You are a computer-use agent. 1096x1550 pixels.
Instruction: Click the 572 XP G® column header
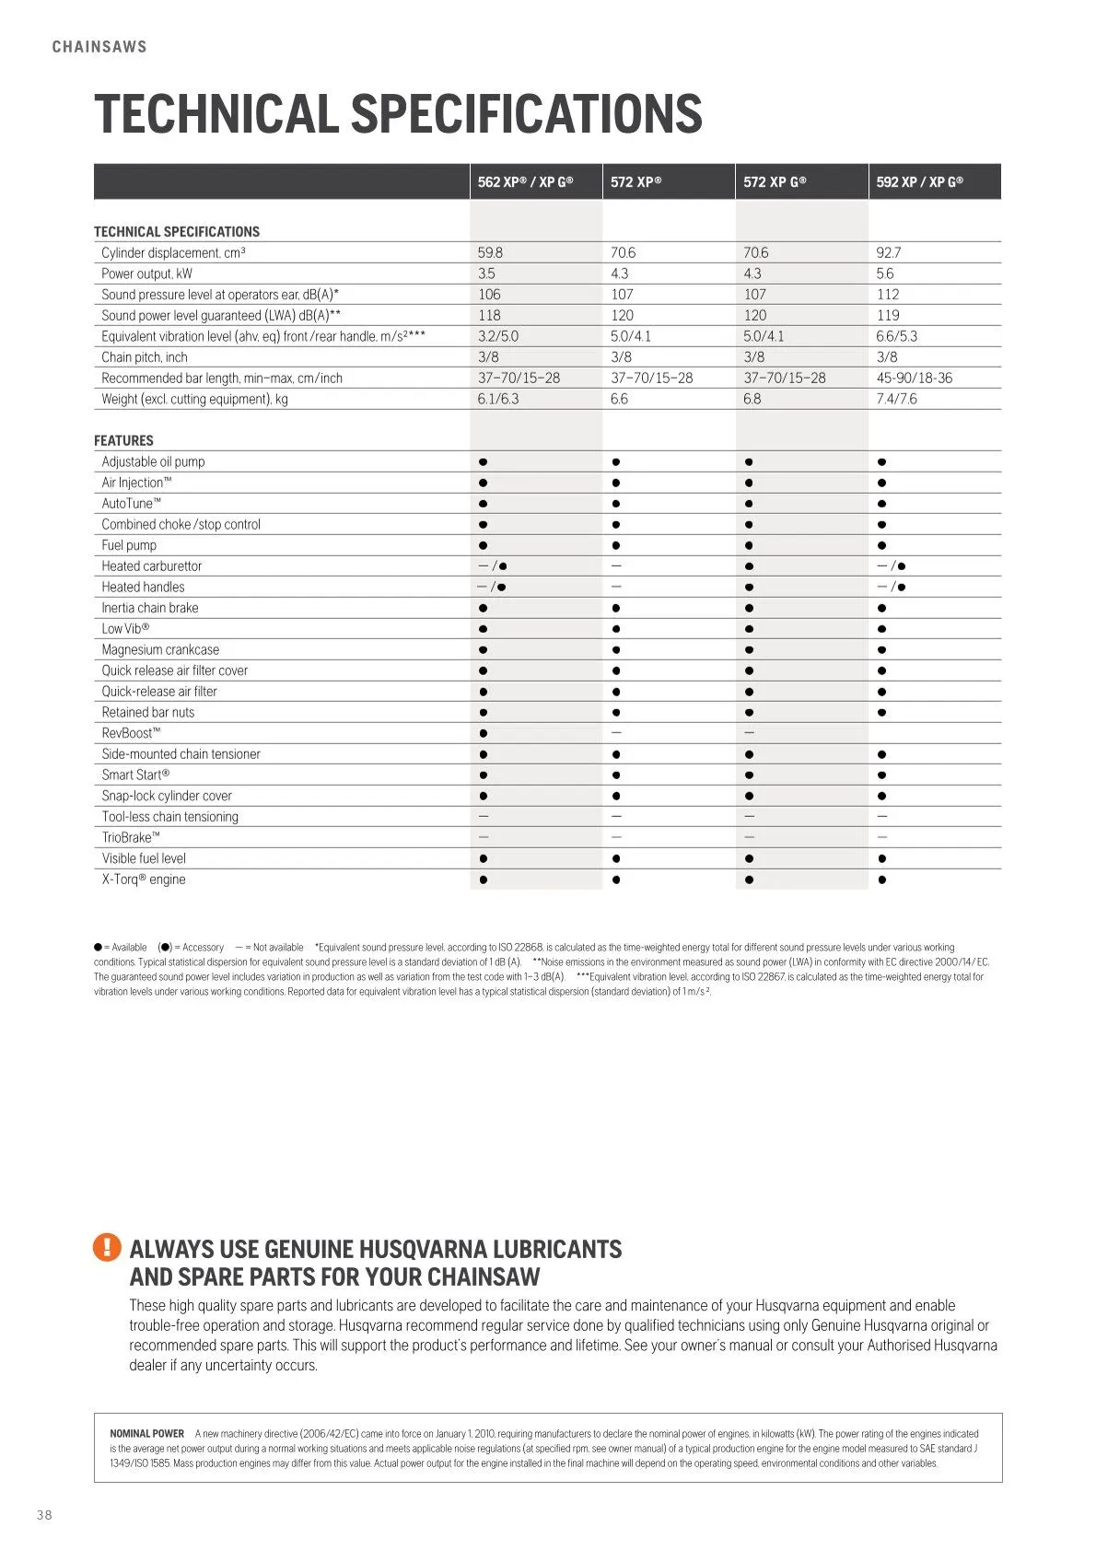[775, 182]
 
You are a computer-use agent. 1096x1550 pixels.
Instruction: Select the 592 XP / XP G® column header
[919, 182]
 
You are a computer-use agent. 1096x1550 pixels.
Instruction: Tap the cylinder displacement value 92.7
[889, 252]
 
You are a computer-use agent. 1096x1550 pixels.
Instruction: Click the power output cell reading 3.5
[486, 274]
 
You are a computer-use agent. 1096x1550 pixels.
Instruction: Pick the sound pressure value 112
[888, 295]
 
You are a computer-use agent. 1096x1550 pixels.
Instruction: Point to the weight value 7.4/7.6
[896, 399]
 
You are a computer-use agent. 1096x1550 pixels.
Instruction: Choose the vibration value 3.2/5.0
[498, 336]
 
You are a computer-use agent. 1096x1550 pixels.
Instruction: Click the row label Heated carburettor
[152, 566]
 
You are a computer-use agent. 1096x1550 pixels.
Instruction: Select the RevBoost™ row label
[131, 733]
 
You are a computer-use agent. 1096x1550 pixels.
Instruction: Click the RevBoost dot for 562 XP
[484, 733]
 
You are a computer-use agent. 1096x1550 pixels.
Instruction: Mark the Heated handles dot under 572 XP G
[749, 588]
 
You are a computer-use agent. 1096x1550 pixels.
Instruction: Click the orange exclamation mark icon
[107, 1248]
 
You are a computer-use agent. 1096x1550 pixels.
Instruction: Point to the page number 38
[44, 1515]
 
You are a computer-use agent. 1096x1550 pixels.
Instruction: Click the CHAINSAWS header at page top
[99, 47]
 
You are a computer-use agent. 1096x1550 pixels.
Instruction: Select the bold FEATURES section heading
[123, 441]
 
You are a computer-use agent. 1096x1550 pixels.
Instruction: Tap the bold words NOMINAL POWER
[146, 1434]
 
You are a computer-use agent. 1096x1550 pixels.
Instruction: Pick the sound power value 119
[888, 316]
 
